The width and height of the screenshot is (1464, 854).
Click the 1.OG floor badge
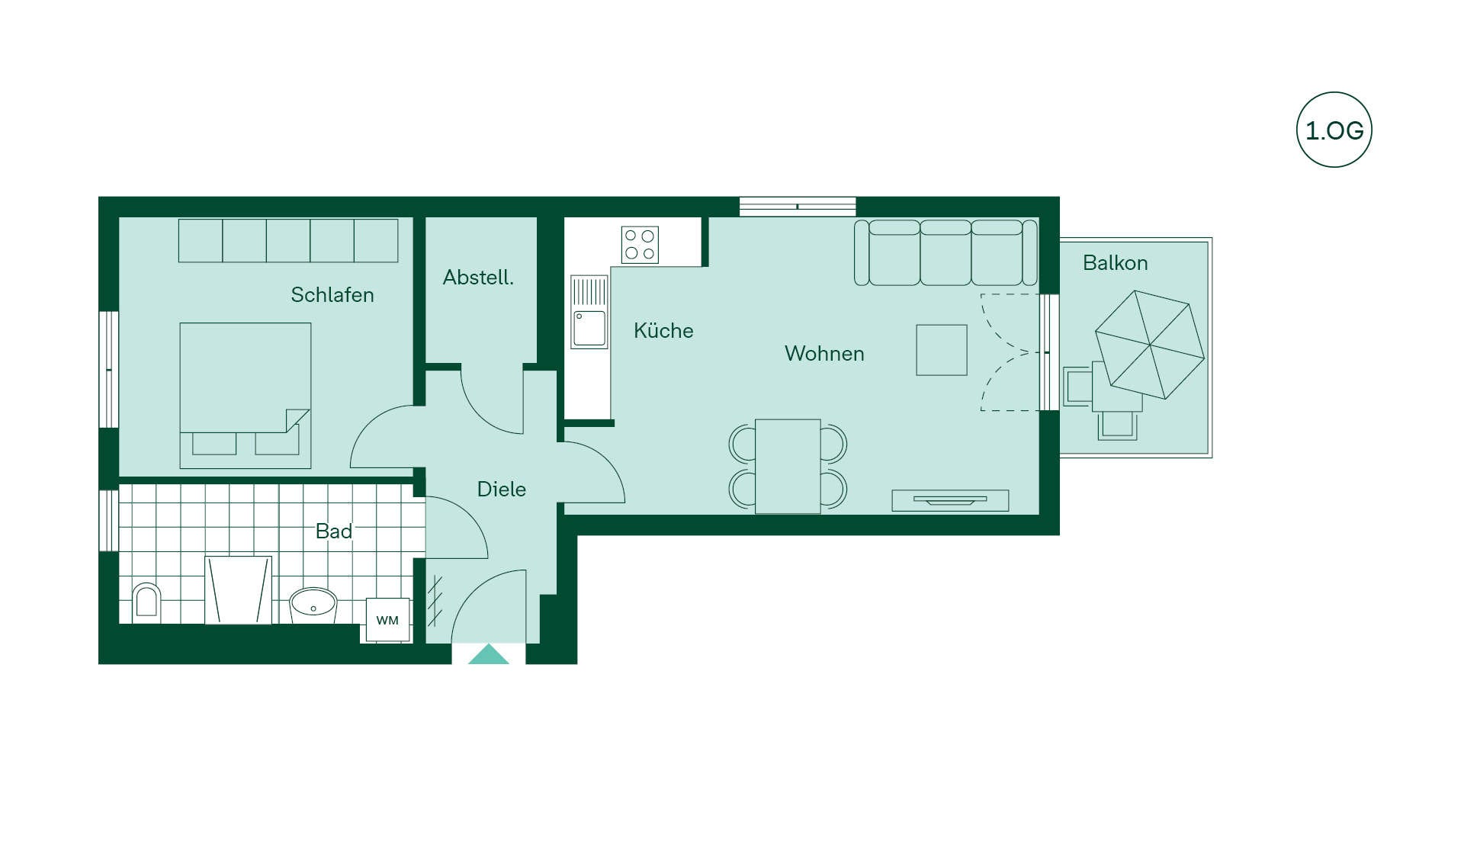click(1334, 130)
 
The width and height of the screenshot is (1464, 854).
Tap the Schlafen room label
click(332, 295)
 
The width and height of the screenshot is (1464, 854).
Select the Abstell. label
click(478, 278)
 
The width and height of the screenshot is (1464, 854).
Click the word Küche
click(663, 330)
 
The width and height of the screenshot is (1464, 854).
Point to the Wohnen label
click(824, 354)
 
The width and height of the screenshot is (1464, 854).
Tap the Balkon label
click(1115, 263)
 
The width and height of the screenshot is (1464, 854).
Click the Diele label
click(501, 490)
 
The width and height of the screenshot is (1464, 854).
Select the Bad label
click(334, 531)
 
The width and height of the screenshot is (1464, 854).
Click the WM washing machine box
click(387, 620)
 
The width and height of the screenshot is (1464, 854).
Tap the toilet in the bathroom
click(146, 602)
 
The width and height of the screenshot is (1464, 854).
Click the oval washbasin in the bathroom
click(313, 603)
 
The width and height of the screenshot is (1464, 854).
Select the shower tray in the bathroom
click(239, 590)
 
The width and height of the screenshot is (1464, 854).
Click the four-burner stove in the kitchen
click(640, 245)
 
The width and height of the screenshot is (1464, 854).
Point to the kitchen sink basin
click(589, 328)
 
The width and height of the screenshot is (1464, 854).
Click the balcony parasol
click(1150, 345)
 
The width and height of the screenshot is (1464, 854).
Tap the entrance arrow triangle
click(488, 654)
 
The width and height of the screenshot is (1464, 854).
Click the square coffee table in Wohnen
click(942, 350)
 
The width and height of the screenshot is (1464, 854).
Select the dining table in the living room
click(788, 466)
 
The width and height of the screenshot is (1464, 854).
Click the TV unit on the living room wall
click(950, 500)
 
